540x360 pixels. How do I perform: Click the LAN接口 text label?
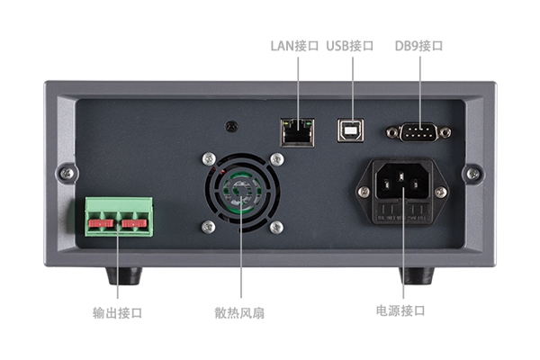(x=294, y=46)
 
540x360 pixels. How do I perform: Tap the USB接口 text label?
(x=350, y=46)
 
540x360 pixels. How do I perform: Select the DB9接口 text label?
(x=418, y=46)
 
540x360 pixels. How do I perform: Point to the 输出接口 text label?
(x=117, y=313)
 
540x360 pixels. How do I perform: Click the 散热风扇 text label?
(x=239, y=313)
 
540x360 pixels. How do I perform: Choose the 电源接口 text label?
(x=400, y=310)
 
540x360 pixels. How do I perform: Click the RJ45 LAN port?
(x=297, y=132)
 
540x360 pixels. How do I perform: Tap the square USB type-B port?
(x=350, y=130)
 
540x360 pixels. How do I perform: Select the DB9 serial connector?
(x=418, y=132)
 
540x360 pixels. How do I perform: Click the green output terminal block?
(x=119, y=217)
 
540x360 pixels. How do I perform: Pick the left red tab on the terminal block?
(x=101, y=223)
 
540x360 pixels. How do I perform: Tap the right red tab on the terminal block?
(x=134, y=223)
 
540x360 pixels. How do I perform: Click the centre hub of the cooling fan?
(x=240, y=191)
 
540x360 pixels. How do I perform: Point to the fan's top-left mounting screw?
(x=209, y=158)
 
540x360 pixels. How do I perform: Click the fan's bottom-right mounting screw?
(x=276, y=228)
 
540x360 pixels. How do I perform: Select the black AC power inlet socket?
(x=402, y=191)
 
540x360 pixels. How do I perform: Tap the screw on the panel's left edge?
(x=67, y=173)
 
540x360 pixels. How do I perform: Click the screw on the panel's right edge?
(x=473, y=174)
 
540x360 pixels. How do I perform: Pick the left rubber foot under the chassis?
(x=124, y=275)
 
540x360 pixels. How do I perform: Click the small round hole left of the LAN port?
(x=231, y=126)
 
